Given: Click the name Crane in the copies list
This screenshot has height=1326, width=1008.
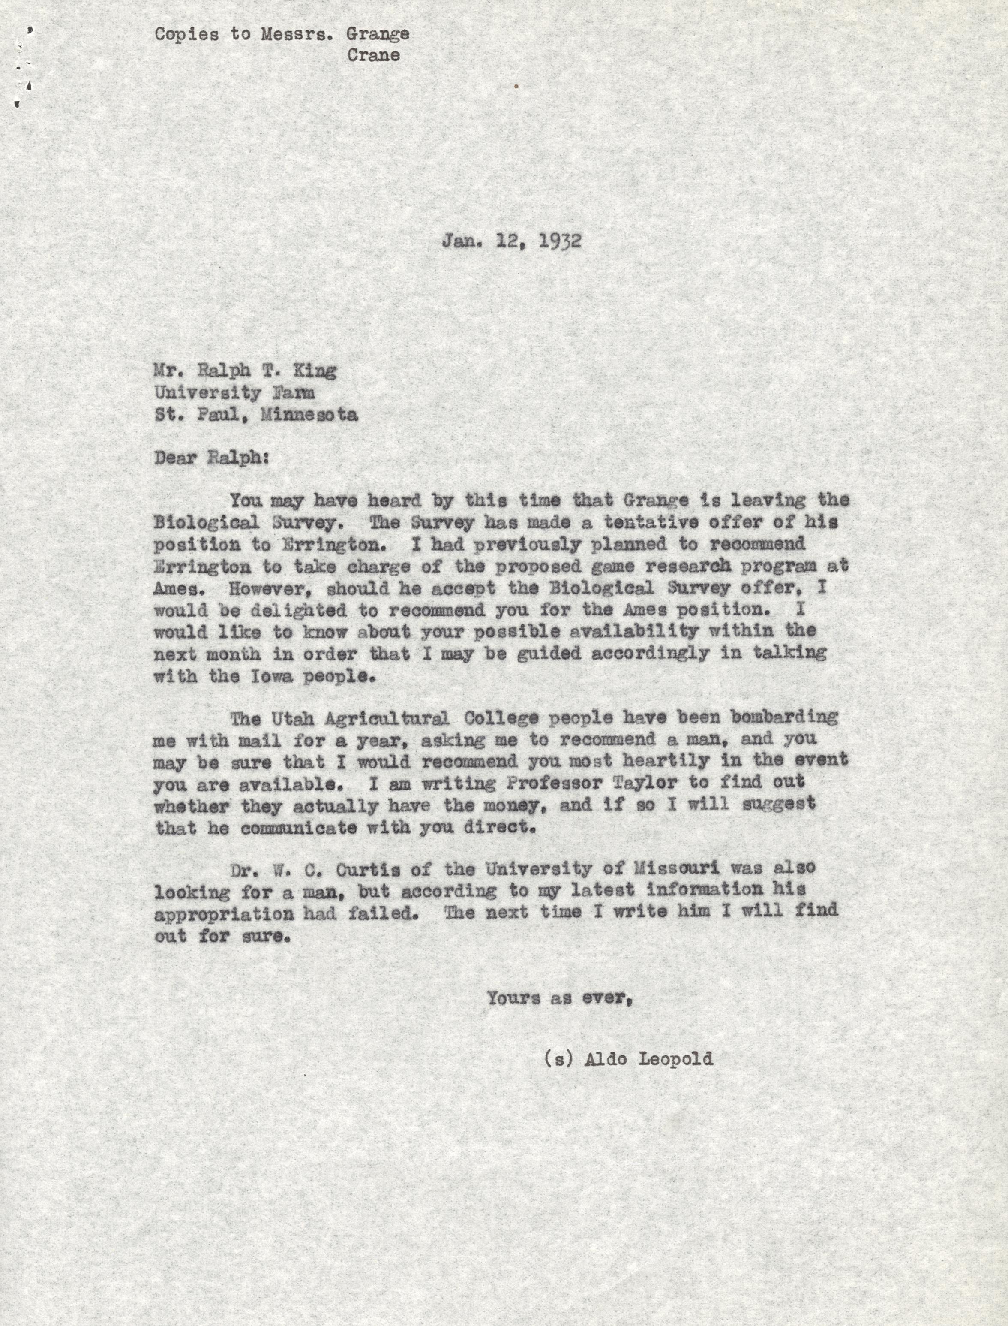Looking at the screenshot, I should (373, 56).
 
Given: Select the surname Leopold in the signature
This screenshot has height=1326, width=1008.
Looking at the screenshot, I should (675, 1058).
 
